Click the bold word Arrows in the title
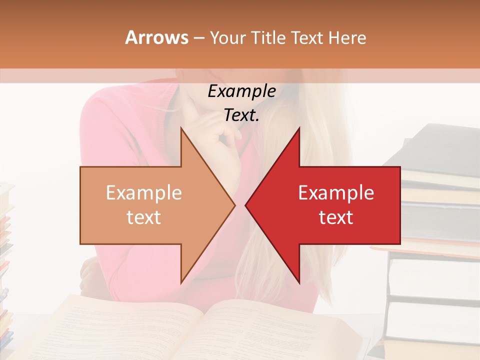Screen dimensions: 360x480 [x=157, y=37]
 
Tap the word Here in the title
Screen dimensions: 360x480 [x=347, y=37]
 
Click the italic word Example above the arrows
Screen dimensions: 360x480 [x=241, y=91]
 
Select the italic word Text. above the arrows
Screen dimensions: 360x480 [x=241, y=115]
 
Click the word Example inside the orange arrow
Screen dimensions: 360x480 [x=144, y=193]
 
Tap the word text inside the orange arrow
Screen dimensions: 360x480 [x=144, y=217]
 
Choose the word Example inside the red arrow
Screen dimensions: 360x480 [x=336, y=193]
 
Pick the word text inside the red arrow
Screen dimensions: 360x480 [x=336, y=217]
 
